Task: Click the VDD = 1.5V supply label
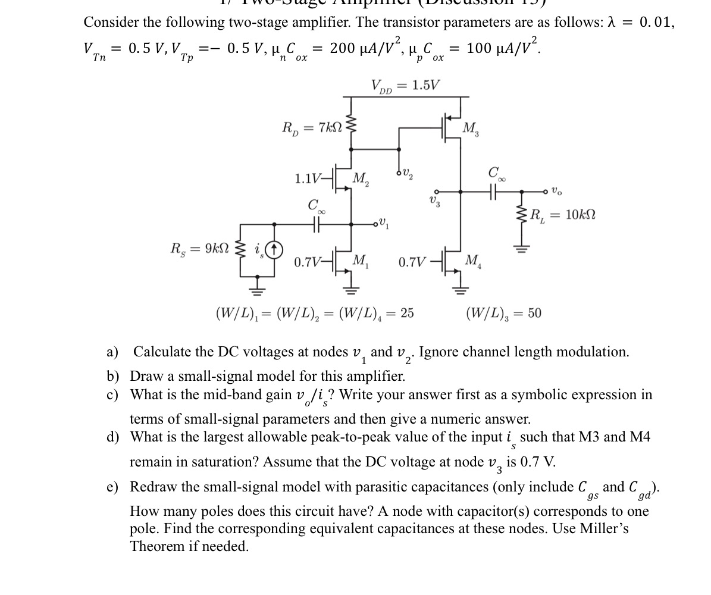(405, 86)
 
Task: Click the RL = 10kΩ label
(562, 215)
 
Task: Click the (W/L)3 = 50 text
(503, 312)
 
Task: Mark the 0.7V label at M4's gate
(412, 261)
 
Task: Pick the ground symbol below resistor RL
(522, 248)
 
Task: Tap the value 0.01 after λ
(657, 23)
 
